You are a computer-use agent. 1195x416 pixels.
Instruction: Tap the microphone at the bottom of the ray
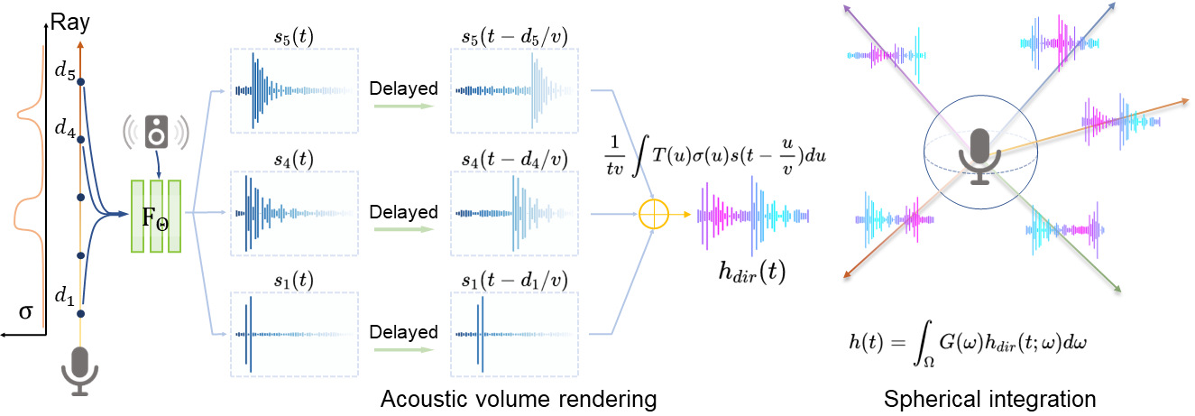click(x=80, y=371)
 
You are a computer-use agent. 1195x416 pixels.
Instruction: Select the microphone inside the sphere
click(x=980, y=156)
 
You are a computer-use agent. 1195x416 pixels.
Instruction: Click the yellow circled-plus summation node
click(x=654, y=214)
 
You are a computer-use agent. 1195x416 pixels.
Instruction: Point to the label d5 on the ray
click(x=65, y=70)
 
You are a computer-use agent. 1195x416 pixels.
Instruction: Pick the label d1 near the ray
click(x=65, y=295)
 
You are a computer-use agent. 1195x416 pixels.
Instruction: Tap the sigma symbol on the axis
click(x=25, y=311)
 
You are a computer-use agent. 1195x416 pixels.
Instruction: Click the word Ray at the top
click(x=69, y=23)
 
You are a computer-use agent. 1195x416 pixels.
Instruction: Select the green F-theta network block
click(x=156, y=216)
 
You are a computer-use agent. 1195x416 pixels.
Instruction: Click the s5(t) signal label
click(x=294, y=36)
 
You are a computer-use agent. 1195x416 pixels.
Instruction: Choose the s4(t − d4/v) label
click(x=514, y=159)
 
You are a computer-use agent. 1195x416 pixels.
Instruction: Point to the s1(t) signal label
click(x=293, y=281)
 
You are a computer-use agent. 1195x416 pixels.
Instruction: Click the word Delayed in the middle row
click(x=403, y=212)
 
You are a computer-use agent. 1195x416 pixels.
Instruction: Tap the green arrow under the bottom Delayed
click(x=404, y=350)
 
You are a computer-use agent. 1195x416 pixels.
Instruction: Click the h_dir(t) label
click(x=752, y=273)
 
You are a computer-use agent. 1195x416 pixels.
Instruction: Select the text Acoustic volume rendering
click(x=519, y=400)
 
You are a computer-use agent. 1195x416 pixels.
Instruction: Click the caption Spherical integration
click(x=990, y=400)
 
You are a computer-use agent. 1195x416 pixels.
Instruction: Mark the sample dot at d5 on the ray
click(x=80, y=82)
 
